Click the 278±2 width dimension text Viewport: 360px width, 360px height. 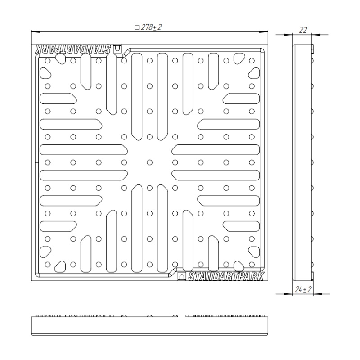point(152,27)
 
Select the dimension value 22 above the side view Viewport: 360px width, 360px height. point(303,30)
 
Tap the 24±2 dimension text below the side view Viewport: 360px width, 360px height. point(303,289)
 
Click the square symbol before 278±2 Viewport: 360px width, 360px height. point(137,27)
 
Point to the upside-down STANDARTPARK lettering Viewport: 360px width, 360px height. point(72,49)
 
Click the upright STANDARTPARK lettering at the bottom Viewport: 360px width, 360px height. point(226,276)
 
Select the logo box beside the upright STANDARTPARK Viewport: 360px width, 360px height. point(182,276)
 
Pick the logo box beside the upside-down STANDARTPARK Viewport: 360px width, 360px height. point(117,49)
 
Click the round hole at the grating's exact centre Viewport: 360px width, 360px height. point(150,162)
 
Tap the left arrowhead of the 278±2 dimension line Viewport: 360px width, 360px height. point(36,31)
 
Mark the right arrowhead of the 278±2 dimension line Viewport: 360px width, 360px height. point(264,31)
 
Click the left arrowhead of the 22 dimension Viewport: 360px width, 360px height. point(288,35)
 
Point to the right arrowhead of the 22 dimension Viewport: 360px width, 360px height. point(316,35)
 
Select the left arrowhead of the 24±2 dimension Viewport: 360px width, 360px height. point(288,294)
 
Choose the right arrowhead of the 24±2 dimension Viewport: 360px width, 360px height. point(318,294)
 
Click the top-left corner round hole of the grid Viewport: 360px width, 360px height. point(48,61)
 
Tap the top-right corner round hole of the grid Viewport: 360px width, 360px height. point(252,61)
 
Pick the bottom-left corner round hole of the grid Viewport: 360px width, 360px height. point(48,265)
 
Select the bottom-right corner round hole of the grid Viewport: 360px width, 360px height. point(252,265)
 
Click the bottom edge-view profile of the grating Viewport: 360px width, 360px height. point(150,325)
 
